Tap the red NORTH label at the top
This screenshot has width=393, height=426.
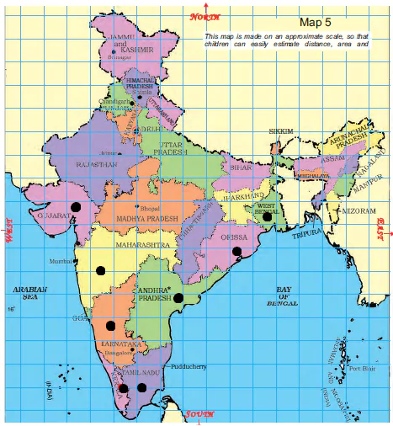tap(204, 17)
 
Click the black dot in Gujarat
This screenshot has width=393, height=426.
tap(76, 206)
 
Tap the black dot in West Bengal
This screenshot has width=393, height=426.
tap(267, 216)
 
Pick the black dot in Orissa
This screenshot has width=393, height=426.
tap(236, 251)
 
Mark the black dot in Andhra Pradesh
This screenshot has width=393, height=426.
tap(178, 297)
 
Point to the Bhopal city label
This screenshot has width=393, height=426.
tap(149, 206)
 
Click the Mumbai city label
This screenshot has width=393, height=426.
tap(61, 262)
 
